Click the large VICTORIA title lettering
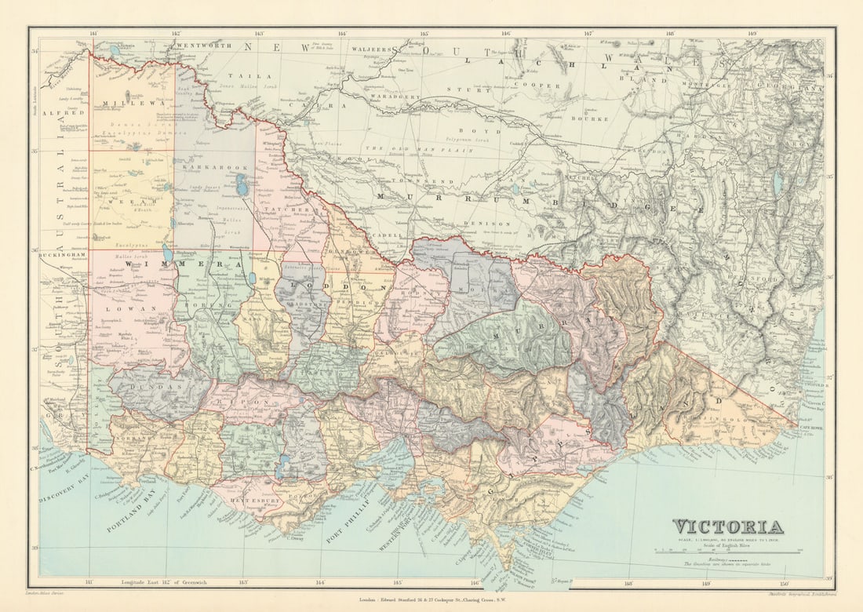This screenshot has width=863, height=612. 727,526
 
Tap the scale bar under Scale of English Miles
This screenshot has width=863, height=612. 727,552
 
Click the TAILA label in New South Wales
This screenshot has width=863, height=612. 259,76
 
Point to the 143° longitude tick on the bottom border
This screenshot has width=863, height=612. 243,581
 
